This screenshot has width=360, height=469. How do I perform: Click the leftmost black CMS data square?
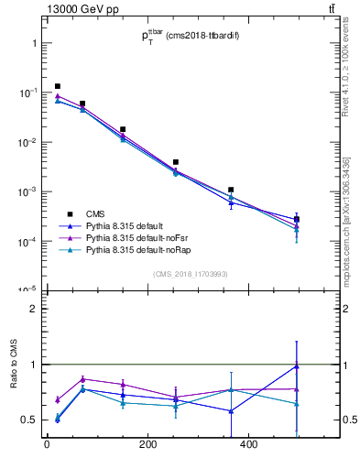coord(58,86)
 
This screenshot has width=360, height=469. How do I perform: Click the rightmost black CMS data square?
coord(297,219)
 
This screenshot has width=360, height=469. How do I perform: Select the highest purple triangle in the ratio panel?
coord(82,379)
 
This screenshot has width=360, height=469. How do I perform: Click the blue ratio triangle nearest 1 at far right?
coord(297,366)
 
